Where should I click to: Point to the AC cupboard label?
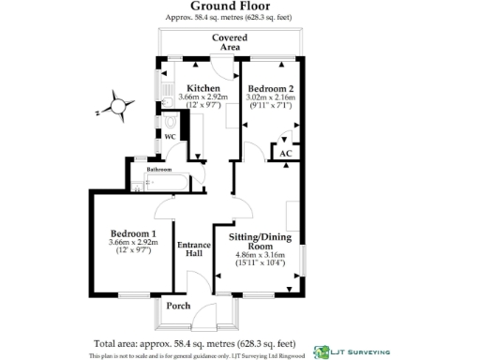(x=285, y=153)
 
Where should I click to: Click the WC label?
(x=171, y=137)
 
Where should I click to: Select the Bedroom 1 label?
(x=133, y=233)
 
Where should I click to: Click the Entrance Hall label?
(x=193, y=249)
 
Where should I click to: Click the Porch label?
(x=178, y=306)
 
